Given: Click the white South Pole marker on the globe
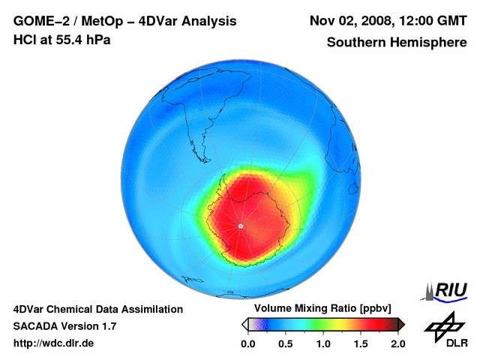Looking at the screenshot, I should pyautogui.click(x=240, y=226).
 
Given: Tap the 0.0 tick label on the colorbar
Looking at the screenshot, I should pyautogui.click(x=248, y=343).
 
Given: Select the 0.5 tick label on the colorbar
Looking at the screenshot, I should pyautogui.click(x=285, y=343).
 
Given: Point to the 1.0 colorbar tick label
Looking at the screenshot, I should pyautogui.click(x=323, y=343).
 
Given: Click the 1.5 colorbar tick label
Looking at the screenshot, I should pyautogui.click(x=361, y=343).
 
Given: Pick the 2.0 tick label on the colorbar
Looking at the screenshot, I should pyautogui.click(x=397, y=343).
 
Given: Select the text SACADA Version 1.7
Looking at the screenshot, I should pyautogui.click(x=64, y=326).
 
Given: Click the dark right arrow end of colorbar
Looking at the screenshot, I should pyautogui.click(x=401, y=324).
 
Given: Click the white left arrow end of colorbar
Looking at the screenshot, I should pyautogui.click(x=244, y=324).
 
